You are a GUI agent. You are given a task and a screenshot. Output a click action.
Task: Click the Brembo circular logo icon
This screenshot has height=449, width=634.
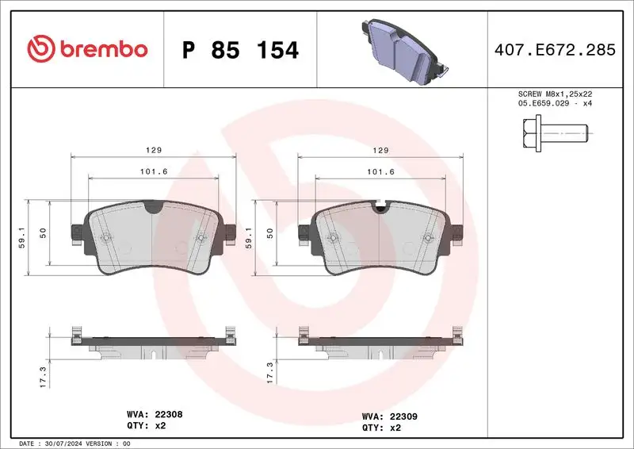(40, 50)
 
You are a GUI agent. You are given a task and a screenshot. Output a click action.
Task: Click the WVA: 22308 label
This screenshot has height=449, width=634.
(155, 414)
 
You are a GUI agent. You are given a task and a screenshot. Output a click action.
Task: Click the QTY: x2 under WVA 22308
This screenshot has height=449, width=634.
(147, 426)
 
